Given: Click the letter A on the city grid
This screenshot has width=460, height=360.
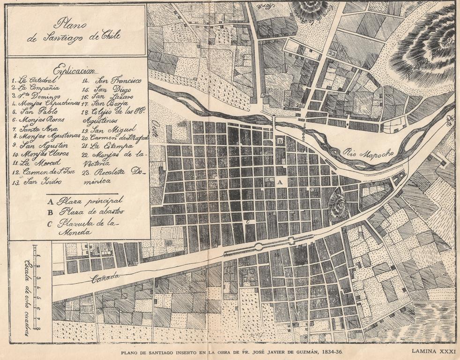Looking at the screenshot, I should tap(281, 181).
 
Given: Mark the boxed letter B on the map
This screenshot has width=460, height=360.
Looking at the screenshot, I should tap(280, 140).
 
